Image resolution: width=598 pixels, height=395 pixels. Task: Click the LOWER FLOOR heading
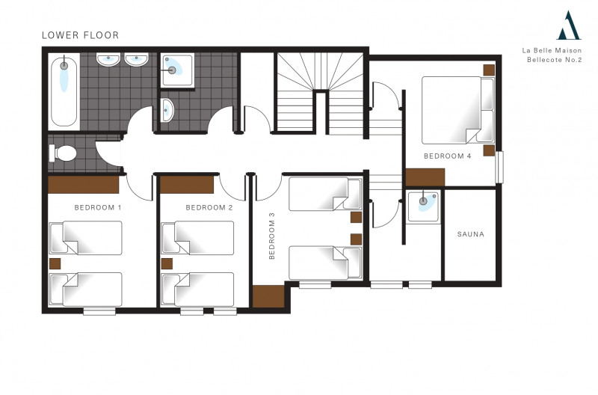click(x=81, y=35)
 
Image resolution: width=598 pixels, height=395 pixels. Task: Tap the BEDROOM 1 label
click(x=98, y=208)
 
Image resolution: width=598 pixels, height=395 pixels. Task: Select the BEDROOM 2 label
click(x=209, y=208)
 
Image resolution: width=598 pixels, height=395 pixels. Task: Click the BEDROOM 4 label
click(x=447, y=156)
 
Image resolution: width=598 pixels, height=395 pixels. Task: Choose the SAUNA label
click(x=471, y=234)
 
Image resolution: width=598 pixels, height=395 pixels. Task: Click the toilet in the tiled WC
click(x=64, y=153)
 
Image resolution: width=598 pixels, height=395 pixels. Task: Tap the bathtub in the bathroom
click(x=64, y=91)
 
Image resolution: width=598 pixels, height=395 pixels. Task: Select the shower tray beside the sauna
click(x=423, y=206)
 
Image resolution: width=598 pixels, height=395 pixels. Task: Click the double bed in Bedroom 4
click(x=457, y=110)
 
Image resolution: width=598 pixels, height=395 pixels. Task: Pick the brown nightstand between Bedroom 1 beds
click(x=55, y=264)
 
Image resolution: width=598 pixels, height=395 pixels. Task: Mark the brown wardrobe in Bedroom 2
click(x=187, y=185)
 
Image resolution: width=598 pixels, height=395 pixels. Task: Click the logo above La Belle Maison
click(x=568, y=25)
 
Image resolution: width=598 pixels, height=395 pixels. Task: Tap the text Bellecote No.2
click(x=555, y=60)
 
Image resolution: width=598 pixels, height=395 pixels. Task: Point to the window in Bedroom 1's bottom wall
click(x=99, y=311)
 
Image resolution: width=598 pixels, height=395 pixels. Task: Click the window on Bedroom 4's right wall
click(x=499, y=167)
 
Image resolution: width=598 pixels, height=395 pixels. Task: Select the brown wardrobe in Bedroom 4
click(x=425, y=177)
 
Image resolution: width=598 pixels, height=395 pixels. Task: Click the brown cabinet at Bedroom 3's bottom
click(x=268, y=296)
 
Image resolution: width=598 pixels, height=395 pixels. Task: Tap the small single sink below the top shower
click(x=167, y=110)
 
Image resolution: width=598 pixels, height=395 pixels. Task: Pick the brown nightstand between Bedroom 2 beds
click(x=167, y=264)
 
